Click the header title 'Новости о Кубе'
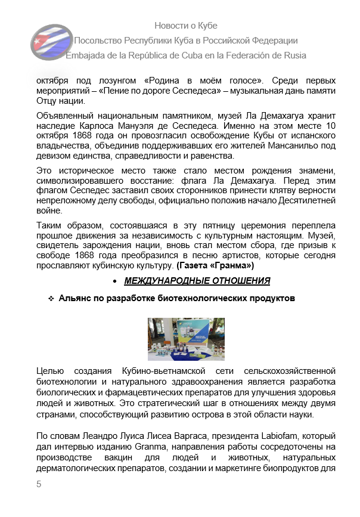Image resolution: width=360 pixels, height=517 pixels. [185, 26]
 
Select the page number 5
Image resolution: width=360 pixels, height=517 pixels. [39, 484]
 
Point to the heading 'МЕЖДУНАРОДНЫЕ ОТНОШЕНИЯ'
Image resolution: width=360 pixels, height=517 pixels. [197, 281]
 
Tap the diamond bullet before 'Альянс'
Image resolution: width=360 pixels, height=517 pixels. [51, 298]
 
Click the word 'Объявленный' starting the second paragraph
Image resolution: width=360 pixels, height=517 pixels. [63, 115]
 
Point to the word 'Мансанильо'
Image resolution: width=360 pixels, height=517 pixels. [291, 146]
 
